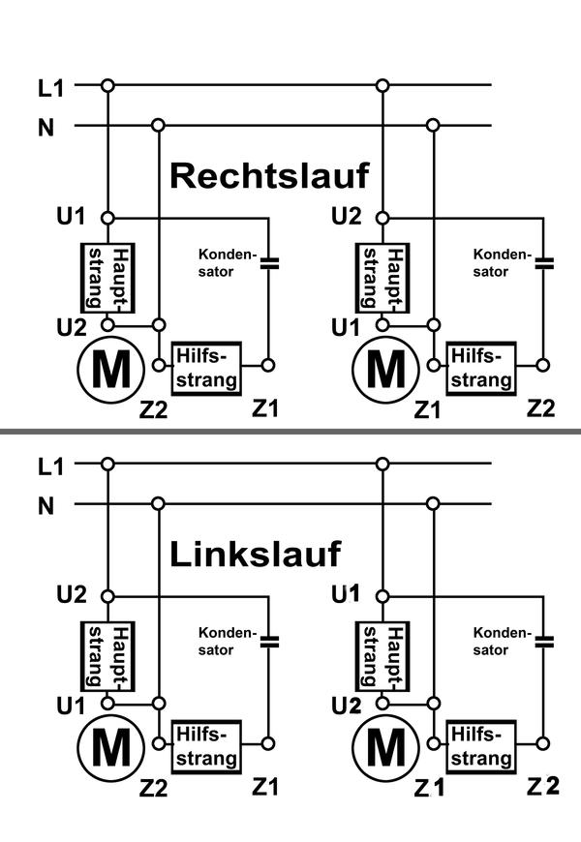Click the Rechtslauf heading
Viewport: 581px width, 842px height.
(x=270, y=176)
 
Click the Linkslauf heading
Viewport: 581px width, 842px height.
(x=256, y=555)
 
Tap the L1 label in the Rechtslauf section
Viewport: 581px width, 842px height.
(x=50, y=88)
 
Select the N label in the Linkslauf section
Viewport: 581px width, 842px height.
(x=46, y=505)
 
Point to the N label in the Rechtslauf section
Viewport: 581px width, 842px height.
(x=46, y=127)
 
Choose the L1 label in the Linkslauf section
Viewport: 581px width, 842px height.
(x=50, y=466)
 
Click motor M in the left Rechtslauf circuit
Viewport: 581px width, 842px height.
(x=109, y=370)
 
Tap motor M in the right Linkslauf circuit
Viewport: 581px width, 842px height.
(x=385, y=746)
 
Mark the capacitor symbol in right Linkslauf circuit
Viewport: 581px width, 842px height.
(x=544, y=640)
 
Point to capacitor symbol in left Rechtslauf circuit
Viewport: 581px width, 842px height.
(x=269, y=261)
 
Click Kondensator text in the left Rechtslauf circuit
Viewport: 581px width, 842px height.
(x=226, y=262)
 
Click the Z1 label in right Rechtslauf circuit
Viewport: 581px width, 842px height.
(x=428, y=409)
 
